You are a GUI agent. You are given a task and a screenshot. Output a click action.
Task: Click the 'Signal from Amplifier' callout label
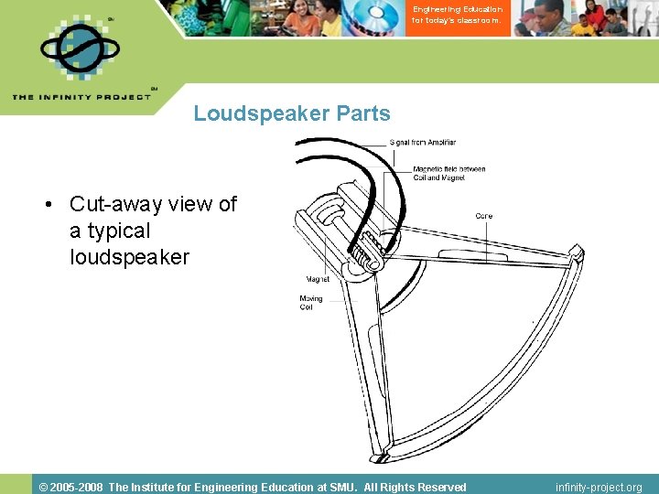[422, 143]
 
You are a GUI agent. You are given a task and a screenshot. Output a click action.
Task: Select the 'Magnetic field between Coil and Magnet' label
[448, 172]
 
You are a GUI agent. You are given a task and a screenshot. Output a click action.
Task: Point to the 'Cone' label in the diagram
[483, 216]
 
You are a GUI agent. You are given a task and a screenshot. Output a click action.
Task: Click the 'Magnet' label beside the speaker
[318, 279]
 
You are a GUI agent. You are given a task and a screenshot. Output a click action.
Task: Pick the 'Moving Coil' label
[311, 303]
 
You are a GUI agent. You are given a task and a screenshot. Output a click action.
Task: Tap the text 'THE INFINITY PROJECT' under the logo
[81, 97]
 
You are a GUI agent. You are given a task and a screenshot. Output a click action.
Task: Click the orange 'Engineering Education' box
[457, 16]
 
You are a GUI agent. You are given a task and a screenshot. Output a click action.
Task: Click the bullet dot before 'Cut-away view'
[47, 205]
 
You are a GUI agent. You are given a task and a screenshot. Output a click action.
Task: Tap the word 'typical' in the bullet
[118, 231]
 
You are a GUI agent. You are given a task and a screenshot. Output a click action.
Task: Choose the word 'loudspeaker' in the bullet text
[129, 257]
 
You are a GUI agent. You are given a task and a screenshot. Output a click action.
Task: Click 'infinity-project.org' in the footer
[599, 487]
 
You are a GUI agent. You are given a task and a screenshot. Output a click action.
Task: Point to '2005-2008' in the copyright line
[78, 487]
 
